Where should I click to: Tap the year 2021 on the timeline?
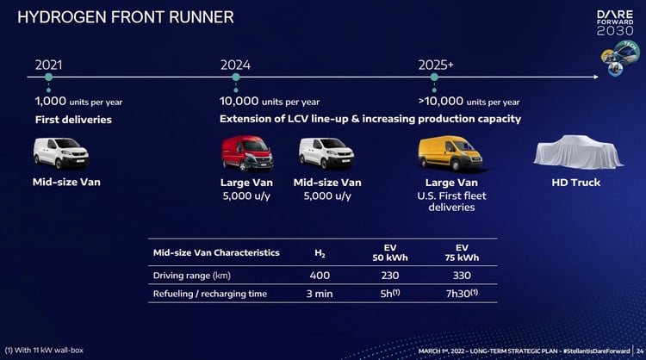50,65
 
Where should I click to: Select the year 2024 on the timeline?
235,65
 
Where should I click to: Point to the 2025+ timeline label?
436,65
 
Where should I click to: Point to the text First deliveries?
73,119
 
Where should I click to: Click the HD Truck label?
576,183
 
